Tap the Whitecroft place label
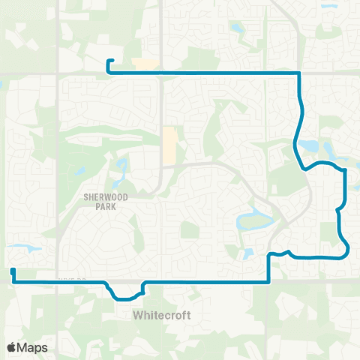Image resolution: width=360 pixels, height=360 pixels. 163,315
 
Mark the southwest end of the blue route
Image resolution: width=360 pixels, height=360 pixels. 13,270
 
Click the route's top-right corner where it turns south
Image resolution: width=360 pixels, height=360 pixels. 299,73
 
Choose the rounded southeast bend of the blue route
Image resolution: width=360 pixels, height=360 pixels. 346,250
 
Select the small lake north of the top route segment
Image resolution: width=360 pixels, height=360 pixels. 237,28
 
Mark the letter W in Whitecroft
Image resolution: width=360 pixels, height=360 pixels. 138,315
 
